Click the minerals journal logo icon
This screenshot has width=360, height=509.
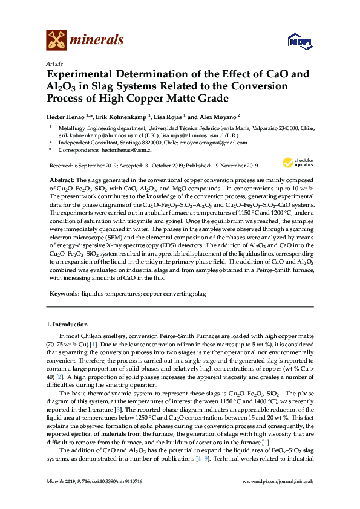(56, 39)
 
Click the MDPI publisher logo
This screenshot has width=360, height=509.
(295, 41)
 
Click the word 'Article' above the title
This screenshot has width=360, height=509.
(53, 63)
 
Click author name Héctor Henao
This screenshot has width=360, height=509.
(67, 117)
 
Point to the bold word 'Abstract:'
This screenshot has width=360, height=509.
(62, 180)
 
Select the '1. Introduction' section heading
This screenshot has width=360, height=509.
(67, 325)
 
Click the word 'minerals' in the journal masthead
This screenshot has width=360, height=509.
(97, 40)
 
